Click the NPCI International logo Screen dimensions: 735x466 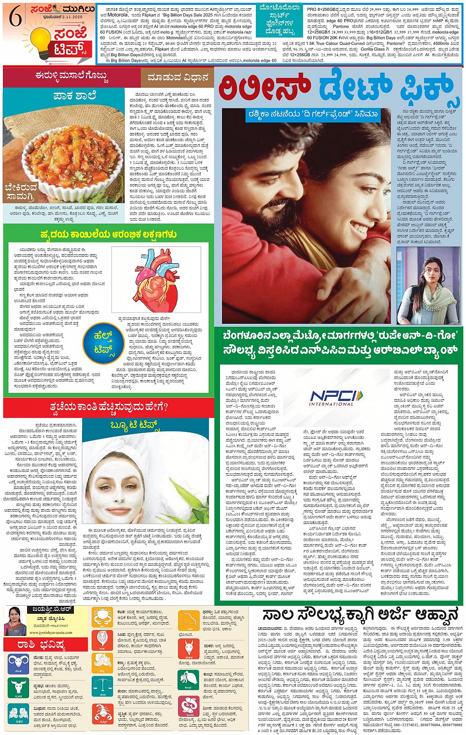click(336, 397)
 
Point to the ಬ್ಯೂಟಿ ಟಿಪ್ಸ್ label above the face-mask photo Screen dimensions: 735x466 click(134, 425)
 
